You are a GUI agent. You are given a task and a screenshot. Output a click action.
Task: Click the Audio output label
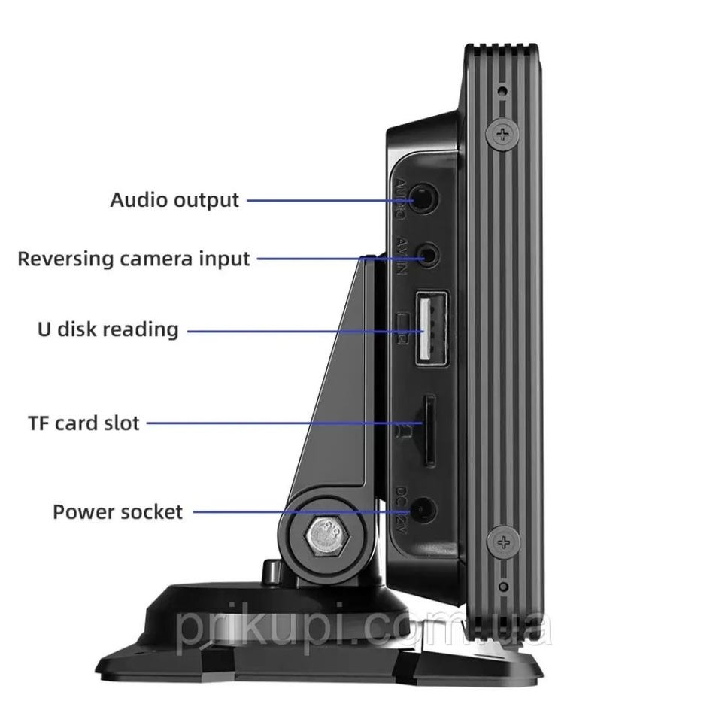tap(174, 200)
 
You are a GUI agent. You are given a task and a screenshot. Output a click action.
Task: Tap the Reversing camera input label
tap(133, 259)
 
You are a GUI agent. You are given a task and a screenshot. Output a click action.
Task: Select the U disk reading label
tap(108, 329)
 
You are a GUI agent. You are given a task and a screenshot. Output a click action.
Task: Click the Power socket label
tap(117, 512)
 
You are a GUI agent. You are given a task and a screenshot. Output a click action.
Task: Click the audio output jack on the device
tap(427, 200)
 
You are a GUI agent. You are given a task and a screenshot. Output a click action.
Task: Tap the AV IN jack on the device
tap(429, 254)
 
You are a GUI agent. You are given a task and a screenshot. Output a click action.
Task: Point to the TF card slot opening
tap(428, 430)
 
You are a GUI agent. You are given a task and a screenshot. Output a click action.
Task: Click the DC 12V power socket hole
tap(426, 509)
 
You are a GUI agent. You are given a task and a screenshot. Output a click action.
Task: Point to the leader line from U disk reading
tap(301, 329)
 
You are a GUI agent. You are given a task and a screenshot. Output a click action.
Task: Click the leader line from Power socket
tap(301, 511)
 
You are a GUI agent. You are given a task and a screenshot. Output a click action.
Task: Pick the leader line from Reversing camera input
tap(338, 259)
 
